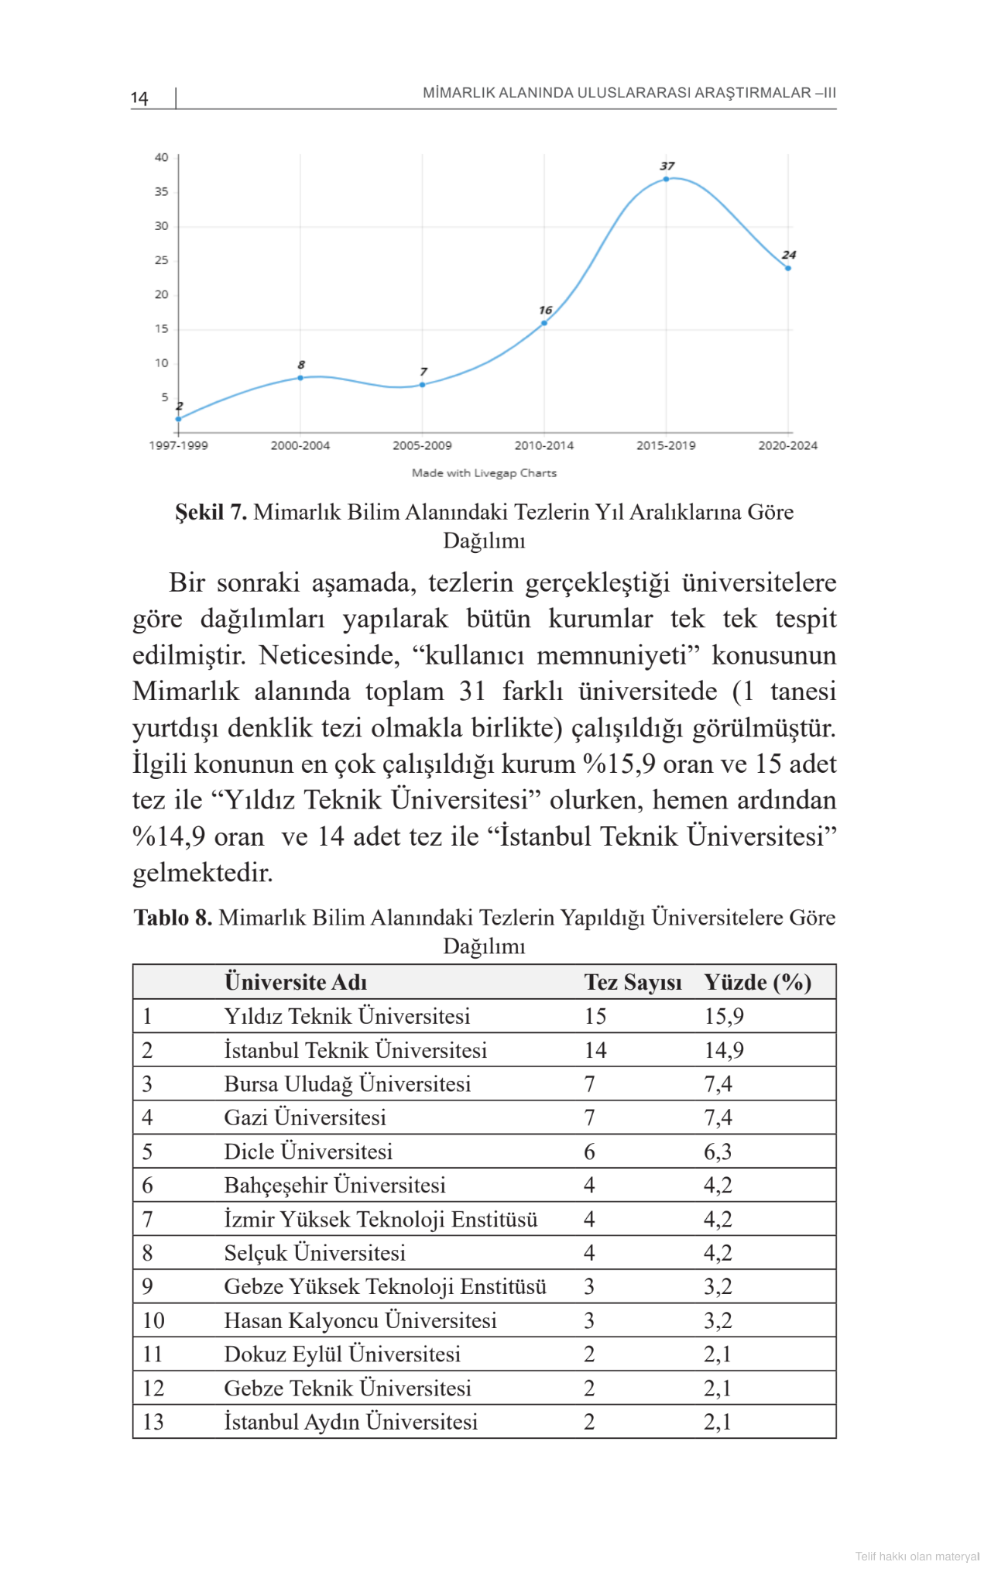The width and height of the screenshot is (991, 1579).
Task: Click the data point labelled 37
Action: click(666, 179)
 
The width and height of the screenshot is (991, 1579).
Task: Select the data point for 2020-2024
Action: click(788, 268)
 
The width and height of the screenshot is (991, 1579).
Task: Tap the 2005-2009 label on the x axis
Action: click(422, 445)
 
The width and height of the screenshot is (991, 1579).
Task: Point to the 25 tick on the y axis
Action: click(161, 260)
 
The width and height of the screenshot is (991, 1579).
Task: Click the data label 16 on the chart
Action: click(546, 310)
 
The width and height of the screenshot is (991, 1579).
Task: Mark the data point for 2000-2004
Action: click(300, 378)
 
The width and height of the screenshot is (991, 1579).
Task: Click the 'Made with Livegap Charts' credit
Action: click(484, 473)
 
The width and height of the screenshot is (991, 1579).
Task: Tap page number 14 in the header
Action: click(139, 98)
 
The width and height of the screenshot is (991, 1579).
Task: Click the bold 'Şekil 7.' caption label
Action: click(211, 512)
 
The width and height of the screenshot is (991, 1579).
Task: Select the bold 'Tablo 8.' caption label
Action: click(173, 918)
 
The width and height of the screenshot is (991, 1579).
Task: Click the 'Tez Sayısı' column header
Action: click(633, 982)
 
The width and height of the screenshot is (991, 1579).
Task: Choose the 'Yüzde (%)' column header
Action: click(757, 982)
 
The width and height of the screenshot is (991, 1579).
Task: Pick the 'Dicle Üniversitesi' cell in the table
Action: click(308, 1152)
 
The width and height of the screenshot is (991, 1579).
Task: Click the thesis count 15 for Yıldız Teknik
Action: click(595, 1016)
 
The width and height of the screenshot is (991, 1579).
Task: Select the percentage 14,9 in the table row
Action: click(723, 1050)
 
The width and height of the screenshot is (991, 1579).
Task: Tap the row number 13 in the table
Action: click(153, 1422)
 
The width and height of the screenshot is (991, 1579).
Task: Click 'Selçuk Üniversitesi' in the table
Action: click(314, 1253)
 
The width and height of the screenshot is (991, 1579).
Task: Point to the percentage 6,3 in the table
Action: click(717, 1152)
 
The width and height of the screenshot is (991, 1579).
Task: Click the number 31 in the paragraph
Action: click(471, 691)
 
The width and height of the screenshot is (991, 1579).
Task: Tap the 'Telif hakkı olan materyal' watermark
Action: click(917, 1557)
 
